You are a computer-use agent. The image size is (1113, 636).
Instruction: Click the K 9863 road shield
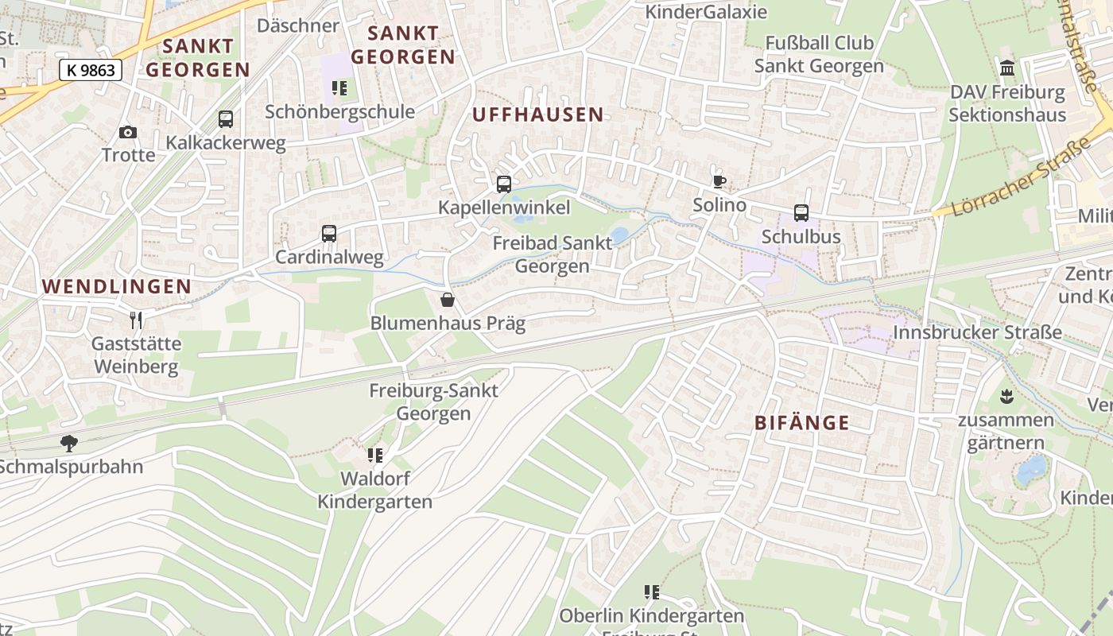pyautogui.click(x=91, y=70)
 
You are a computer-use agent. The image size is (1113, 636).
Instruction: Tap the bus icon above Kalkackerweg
pyautogui.click(x=226, y=119)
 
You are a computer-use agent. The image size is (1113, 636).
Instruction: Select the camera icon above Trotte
pyautogui.click(x=128, y=132)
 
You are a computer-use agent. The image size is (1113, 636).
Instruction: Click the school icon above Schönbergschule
pyautogui.click(x=339, y=88)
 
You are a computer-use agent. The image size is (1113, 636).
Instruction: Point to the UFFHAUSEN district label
pyautogui.click(x=537, y=114)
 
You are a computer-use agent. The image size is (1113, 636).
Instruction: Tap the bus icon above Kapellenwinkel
pyautogui.click(x=504, y=184)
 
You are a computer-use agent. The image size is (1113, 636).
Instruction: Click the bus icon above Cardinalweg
pyautogui.click(x=329, y=234)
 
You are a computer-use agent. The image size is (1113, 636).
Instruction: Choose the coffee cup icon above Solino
pyautogui.click(x=719, y=181)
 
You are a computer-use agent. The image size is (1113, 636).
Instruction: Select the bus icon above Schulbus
pyautogui.click(x=801, y=213)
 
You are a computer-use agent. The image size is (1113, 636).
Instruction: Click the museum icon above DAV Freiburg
pyautogui.click(x=1008, y=68)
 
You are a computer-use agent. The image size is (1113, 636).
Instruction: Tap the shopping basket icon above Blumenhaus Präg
pyautogui.click(x=448, y=300)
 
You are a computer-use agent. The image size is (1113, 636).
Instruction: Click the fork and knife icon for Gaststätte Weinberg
pyautogui.click(x=136, y=320)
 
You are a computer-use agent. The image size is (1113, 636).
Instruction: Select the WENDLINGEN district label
pyautogui.click(x=117, y=286)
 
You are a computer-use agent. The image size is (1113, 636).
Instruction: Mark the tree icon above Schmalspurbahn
pyautogui.click(x=69, y=443)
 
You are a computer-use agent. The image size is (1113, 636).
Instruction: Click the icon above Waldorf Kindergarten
pyautogui.click(x=374, y=456)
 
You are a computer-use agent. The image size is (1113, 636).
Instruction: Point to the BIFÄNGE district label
pyautogui.click(x=801, y=423)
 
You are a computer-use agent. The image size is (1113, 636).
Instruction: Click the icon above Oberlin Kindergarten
pyautogui.click(x=652, y=592)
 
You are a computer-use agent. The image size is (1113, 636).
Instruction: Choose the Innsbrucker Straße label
pyautogui.click(x=978, y=332)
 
